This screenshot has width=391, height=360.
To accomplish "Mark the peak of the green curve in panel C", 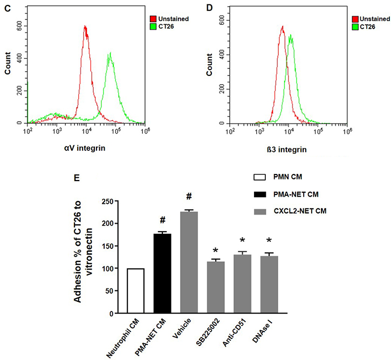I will (110, 53).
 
